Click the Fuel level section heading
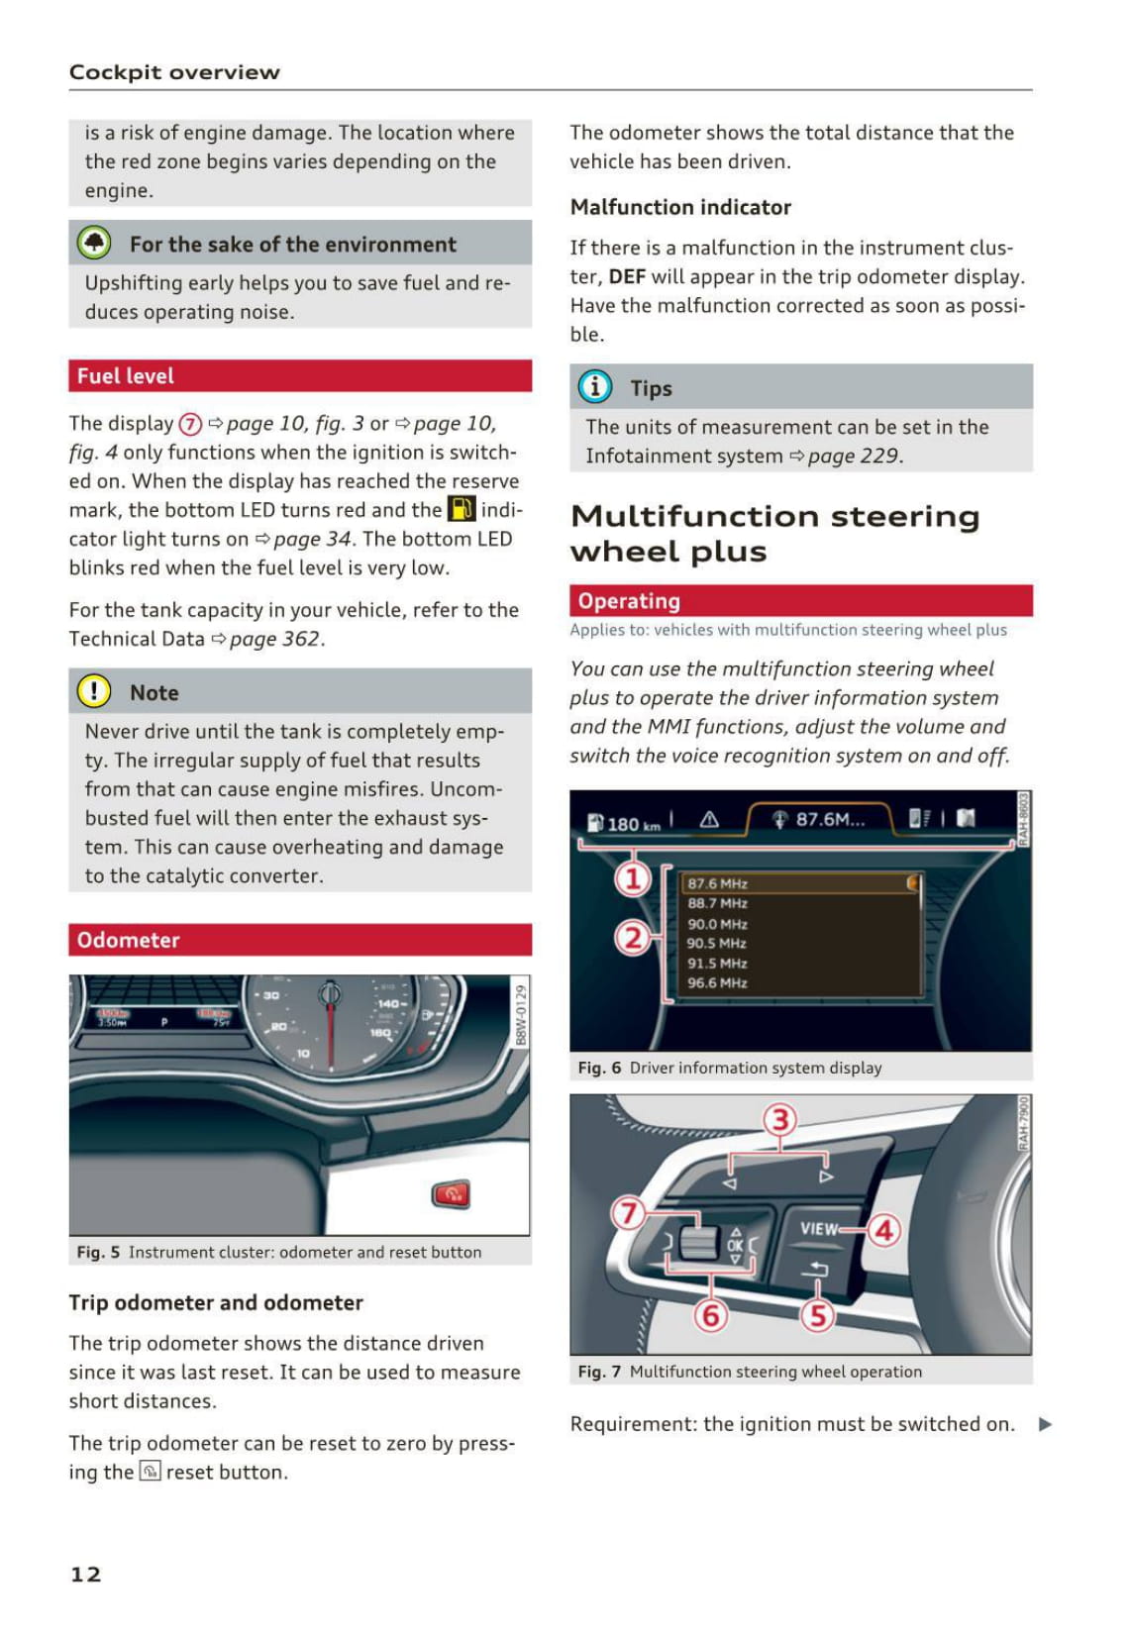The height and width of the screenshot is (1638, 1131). (x=126, y=376)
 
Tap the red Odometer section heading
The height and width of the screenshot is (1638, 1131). (x=129, y=940)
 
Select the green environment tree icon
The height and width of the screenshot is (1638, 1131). (x=94, y=243)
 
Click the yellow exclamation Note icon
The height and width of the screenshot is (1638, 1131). (x=94, y=691)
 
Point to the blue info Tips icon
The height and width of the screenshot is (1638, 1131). (x=595, y=387)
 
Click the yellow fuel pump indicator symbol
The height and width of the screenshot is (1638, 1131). (x=462, y=509)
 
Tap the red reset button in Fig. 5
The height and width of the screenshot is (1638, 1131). (x=452, y=1193)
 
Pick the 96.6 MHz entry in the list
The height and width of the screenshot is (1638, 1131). (x=717, y=983)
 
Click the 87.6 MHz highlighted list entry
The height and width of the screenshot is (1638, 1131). (x=717, y=883)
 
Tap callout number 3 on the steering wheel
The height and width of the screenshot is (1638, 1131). (x=780, y=1120)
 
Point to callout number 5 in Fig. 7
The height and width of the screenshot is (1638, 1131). (x=817, y=1315)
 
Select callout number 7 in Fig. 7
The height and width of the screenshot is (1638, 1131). (x=628, y=1212)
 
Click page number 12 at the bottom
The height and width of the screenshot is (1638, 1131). (x=86, y=1575)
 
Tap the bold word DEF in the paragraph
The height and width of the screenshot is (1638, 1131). (x=627, y=276)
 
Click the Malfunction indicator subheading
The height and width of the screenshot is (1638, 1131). (x=680, y=207)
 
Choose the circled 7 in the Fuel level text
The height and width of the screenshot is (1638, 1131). (x=190, y=424)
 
